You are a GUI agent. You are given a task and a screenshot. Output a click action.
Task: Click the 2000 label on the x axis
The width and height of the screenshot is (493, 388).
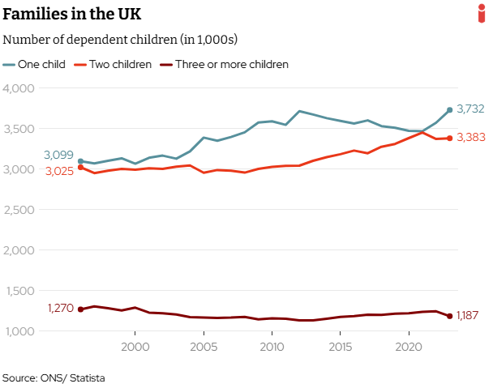(x=135, y=346)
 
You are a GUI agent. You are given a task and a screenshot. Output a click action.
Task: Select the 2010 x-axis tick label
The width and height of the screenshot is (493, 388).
(x=272, y=346)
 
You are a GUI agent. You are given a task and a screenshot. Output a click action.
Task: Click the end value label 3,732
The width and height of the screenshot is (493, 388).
(x=471, y=109)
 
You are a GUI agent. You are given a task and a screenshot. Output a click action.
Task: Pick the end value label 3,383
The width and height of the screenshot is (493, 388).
(x=471, y=138)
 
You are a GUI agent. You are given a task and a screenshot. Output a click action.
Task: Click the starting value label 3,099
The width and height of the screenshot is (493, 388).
(x=58, y=155)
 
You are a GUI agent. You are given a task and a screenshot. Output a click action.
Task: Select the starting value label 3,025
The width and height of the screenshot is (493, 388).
(x=58, y=172)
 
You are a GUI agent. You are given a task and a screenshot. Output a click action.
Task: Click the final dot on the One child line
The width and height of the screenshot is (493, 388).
(x=449, y=110)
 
